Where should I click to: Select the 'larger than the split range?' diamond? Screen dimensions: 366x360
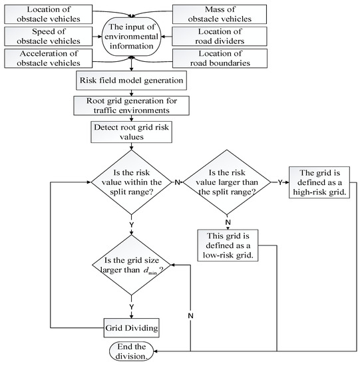[x=228, y=179]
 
